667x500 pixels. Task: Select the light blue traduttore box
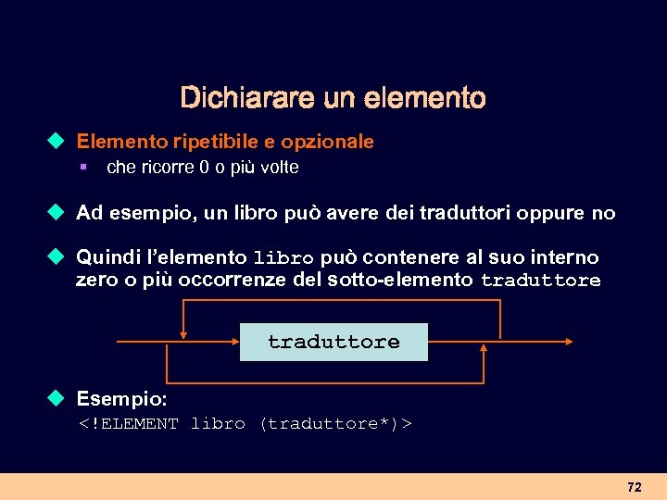point(333,342)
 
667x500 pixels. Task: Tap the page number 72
point(634,486)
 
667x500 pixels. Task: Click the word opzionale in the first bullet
point(328,142)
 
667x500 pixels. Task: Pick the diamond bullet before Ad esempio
point(57,213)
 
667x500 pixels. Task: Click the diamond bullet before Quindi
point(57,256)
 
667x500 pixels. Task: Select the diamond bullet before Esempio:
point(57,399)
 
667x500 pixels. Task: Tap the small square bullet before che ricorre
point(83,168)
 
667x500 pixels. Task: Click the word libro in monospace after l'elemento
point(283,257)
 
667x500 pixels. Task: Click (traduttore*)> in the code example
point(335,424)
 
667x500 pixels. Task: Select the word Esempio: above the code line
point(121,399)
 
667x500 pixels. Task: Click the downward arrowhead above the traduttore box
point(184,335)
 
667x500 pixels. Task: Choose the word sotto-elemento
point(400,280)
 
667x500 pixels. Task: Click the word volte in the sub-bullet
point(275,168)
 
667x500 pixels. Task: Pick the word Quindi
point(104,257)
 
